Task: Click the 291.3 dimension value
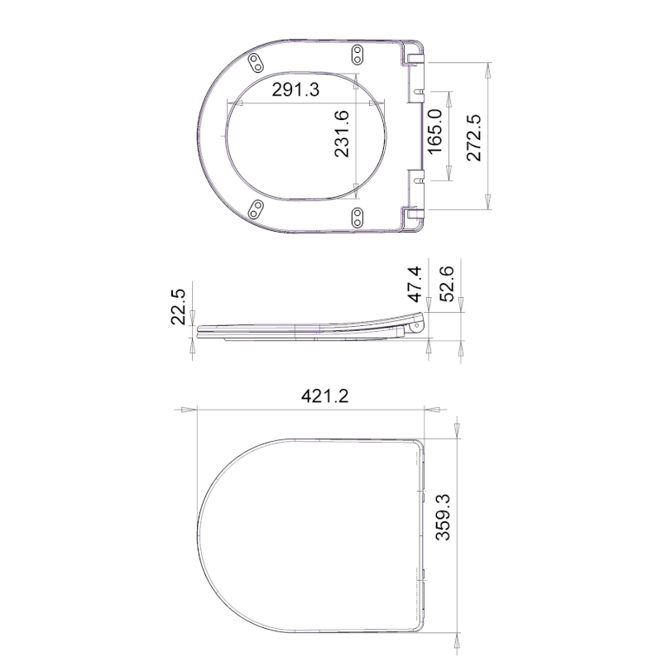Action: (295, 90)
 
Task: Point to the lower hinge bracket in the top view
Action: (413, 217)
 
